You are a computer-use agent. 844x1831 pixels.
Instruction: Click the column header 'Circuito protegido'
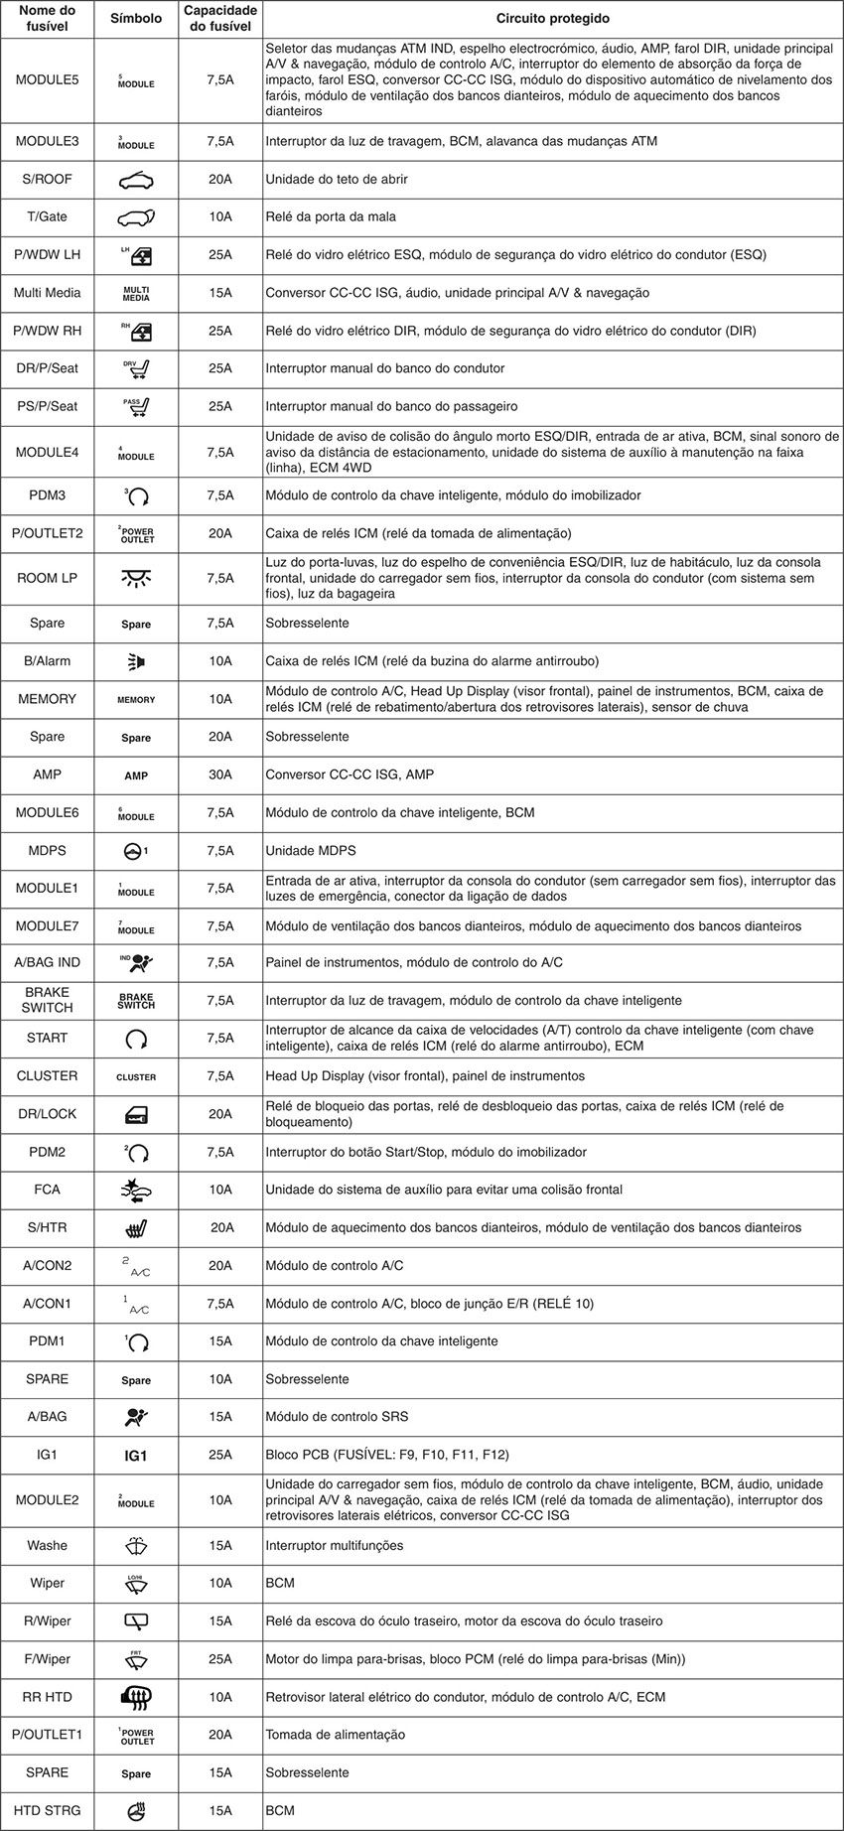[x=552, y=19]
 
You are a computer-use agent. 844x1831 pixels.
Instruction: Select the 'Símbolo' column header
[x=136, y=19]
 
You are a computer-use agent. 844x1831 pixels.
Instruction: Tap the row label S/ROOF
[x=47, y=180]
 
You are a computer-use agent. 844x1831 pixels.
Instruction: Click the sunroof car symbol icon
[x=136, y=180]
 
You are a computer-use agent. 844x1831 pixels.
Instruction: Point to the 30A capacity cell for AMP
[x=220, y=775]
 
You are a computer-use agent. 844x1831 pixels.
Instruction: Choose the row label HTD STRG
[x=47, y=1810]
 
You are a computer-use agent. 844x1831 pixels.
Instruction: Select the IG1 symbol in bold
[x=136, y=1456]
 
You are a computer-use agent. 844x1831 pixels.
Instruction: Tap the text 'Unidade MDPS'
[x=310, y=851]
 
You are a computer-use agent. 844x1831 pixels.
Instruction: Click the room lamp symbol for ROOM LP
[x=136, y=578]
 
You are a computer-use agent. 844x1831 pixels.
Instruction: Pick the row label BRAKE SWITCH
[x=47, y=1000]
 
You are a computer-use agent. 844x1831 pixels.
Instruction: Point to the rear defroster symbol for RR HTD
[x=136, y=1697]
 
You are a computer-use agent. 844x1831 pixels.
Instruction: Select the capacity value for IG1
[x=220, y=1455]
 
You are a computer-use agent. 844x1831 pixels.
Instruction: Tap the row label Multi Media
[x=47, y=293]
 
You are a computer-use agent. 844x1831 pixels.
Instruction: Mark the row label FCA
[x=47, y=1190]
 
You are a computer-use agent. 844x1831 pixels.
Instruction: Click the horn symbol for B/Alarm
[x=136, y=661]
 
